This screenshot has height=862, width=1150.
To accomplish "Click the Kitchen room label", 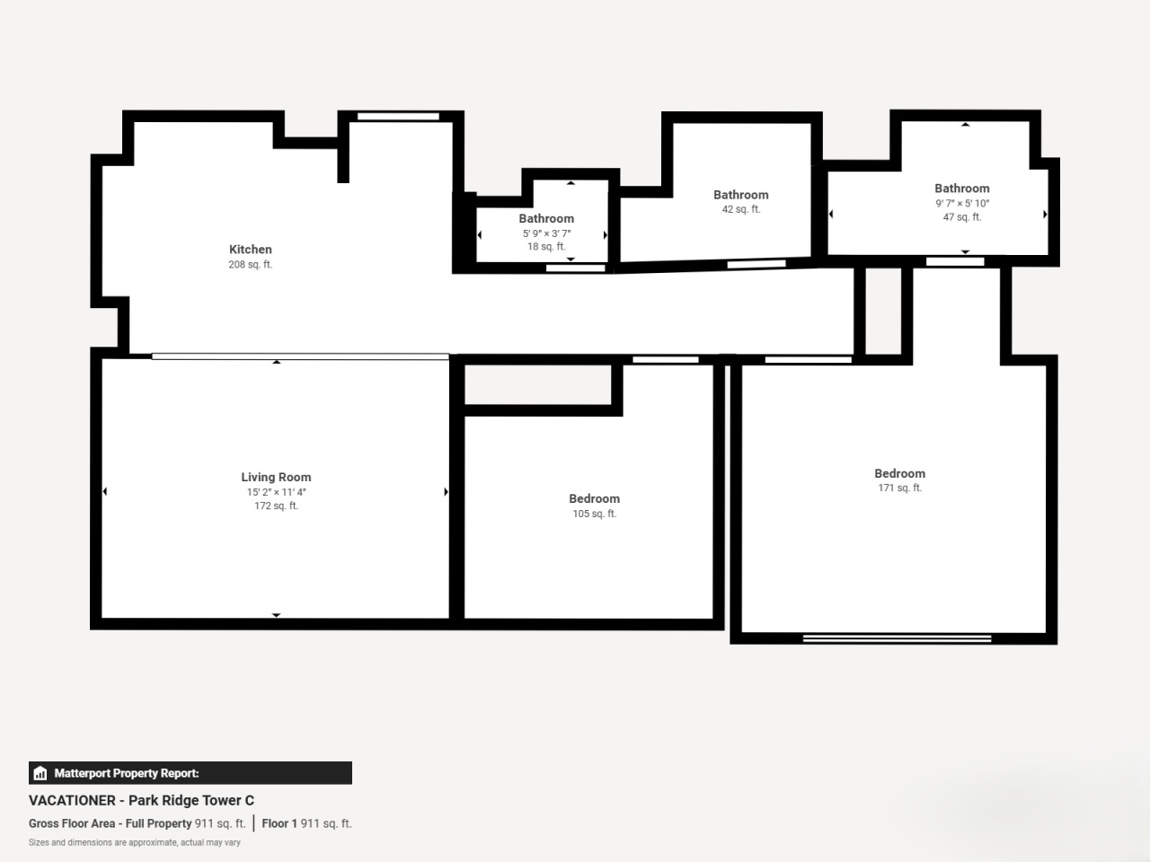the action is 251,250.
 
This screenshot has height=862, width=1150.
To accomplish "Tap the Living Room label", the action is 276,478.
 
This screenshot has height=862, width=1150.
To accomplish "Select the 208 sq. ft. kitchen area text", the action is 251,265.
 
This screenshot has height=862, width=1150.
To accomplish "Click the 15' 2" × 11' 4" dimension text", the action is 276,492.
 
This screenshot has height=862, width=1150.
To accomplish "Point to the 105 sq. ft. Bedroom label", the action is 594,498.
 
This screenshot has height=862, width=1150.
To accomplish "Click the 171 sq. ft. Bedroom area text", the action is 899,488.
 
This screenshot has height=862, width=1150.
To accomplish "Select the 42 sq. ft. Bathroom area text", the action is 741,209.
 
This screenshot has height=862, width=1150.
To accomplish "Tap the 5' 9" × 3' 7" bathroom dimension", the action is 546,233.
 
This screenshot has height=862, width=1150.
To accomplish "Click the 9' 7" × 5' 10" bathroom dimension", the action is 962,203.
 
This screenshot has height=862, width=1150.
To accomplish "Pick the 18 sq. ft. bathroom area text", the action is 546,247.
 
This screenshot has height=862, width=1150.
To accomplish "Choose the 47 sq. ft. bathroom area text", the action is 962,216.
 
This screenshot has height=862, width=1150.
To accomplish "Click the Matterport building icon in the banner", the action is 40,773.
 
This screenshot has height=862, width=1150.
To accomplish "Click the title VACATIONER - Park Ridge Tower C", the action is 141,800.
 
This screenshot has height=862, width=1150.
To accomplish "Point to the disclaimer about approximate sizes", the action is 134,842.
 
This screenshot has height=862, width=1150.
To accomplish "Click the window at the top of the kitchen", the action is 398,116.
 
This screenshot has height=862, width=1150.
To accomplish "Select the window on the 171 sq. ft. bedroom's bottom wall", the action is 897,638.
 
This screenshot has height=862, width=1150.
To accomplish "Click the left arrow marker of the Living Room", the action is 105,491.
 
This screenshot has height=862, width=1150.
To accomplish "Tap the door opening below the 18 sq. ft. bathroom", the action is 576,268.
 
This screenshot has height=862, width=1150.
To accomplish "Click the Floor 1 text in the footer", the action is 279,823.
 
